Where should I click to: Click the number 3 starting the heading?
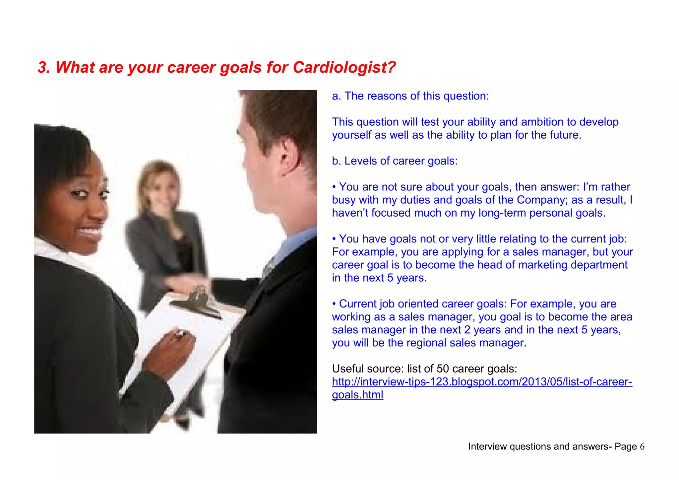pos(43,67)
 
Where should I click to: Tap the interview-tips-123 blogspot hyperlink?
pos(482,382)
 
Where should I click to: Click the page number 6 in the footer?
pos(642,447)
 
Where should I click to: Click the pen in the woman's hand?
pos(181,335)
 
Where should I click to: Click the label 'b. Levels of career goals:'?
pos(395,161)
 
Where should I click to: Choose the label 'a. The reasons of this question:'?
pos(410,96)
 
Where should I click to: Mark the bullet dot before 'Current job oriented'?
pos(335,304)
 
